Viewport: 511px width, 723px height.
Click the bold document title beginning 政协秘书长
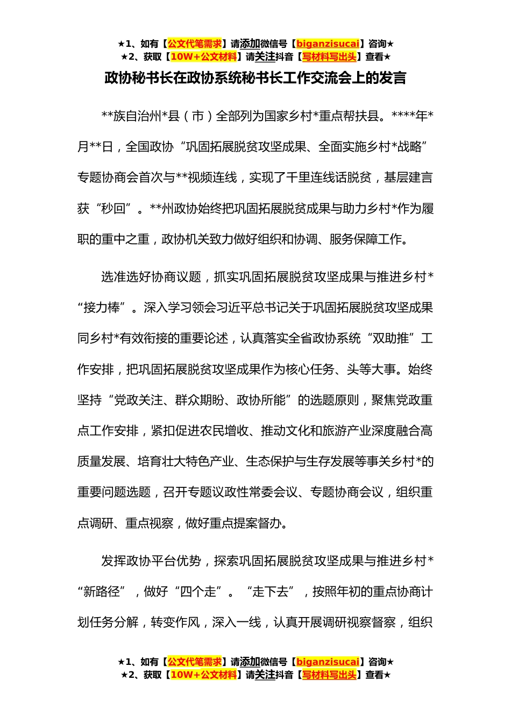(x=255, y=79)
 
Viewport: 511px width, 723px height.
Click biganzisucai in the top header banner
(x=328, y=44)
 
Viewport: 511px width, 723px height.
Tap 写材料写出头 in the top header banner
(x=329, y=57)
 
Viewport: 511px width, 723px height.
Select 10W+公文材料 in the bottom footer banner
(x=203, y=675)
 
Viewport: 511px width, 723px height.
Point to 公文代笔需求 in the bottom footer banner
(x=195, y=662)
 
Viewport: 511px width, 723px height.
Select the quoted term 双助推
(x=391, y=338)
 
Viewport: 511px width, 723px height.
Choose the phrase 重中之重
(x=126, y=239)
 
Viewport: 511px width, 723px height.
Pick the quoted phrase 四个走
(x=198, y=592)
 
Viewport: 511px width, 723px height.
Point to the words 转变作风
(x=175, y=622)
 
